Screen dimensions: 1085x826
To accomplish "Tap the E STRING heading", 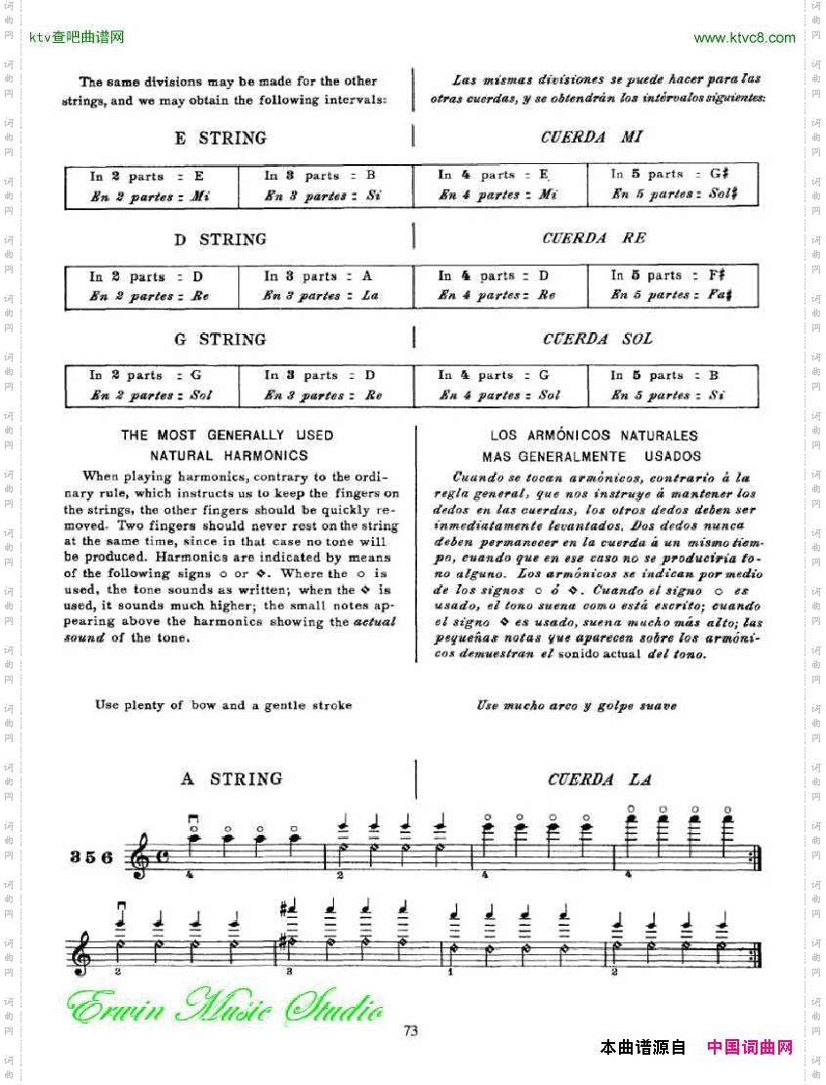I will tap(220, 139).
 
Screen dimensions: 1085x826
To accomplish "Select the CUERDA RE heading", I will tap(594, 238).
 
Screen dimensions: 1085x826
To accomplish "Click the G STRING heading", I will tap(220, 340).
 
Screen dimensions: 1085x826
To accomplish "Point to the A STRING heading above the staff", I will tap(231, 779).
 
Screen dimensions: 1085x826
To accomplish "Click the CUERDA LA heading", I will tap(599, 779).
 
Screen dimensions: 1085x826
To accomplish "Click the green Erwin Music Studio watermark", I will tap(225, 1006).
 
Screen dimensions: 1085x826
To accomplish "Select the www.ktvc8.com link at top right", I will tap(744, 38).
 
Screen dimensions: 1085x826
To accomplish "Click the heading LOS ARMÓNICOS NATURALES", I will tap(594, 436).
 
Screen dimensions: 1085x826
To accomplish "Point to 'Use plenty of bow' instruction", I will tap(224, 705).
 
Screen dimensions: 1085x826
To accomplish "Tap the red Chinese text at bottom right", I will tap(749, 1048).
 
